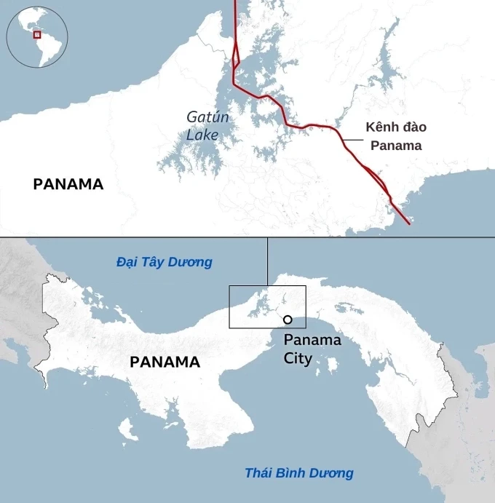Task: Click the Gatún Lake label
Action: tap(202, 125)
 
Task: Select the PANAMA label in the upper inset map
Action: tap(68, 184)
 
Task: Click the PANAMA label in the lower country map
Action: tap(165, 362)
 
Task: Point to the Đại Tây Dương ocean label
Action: tap(165, 262)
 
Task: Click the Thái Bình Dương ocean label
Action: tap(299, 473)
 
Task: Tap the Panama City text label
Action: tap(312, 349)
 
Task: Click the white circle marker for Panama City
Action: tap(288, 320)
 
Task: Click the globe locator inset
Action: tap(37, 36)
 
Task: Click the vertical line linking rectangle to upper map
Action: tap(267, 261)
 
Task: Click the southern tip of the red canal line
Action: tap(408, 223)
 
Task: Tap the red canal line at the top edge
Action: tap(235, 3)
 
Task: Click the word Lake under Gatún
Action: tap(202, 135)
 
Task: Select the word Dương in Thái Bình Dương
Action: tap(332, 473)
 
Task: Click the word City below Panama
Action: tap(298, 358)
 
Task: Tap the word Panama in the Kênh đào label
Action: tap(396, 145)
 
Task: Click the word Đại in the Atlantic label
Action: tap(127, 262)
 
